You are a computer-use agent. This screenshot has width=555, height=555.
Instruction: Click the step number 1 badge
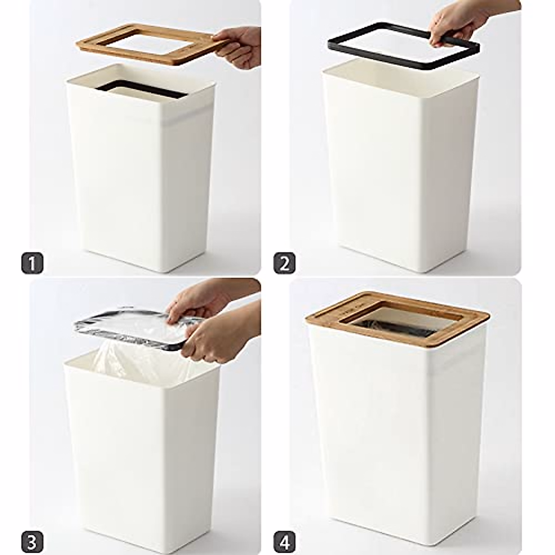[32, 264]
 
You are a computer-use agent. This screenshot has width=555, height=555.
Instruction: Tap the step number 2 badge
[284, 263]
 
